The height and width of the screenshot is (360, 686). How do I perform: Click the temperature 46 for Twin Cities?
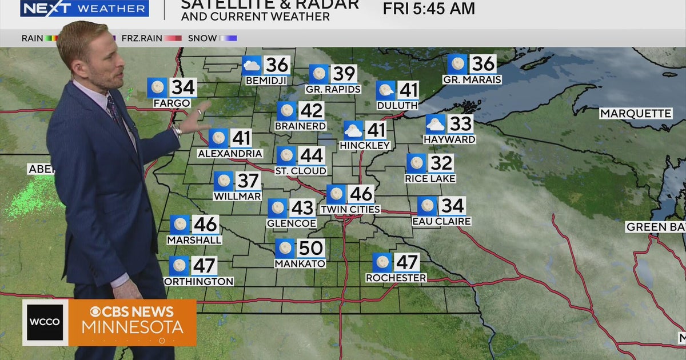pyautogui.click(x=361, y=194)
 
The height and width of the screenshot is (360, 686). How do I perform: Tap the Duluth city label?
pyautogui.click(x=397, y=106)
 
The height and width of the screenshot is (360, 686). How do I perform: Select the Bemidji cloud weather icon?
pyautogui.click(x=252, y=65)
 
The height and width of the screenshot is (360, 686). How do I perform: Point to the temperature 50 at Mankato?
pyautogui.click(x=311, y=248)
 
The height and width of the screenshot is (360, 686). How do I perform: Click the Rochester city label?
pyautogui.click(x=396, y=278)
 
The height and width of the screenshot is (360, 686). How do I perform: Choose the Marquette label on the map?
pyautogui.click(x=635, y=114)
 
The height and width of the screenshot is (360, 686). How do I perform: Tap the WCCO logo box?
pyautogui.click(x=45, y=322)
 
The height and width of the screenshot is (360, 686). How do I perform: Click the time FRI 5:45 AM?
pyautogui.click(x=429, y=9)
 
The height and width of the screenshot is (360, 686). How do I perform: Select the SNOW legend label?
pyautogui.click(x=203, y=38)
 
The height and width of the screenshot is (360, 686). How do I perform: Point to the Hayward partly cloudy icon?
pyautogui.click(x=435, y=124)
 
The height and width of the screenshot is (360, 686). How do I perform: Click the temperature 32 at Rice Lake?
pyautogui.click(x=441, y=163)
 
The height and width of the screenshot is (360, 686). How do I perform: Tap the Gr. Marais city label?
pyautogui.click(x=472, y=80)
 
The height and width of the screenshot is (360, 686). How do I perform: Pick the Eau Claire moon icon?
pyautogui.click(x=426, y=206)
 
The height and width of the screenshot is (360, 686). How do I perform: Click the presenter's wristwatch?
pyautogui.click(x=177, y=131)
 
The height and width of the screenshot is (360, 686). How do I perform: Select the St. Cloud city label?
pyautogui.click(x=300, y=171)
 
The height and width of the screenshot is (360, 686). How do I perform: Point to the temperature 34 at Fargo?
pyautogui.click(x=184, y=88)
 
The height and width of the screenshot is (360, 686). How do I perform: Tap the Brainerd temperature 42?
pyautogui.click(x=312, y=111)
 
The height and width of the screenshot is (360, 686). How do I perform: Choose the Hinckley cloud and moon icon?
pyautogui.click(x=353, y=130)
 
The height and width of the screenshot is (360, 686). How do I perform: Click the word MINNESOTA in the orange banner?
pyautogui.click(x=132, y=327)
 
